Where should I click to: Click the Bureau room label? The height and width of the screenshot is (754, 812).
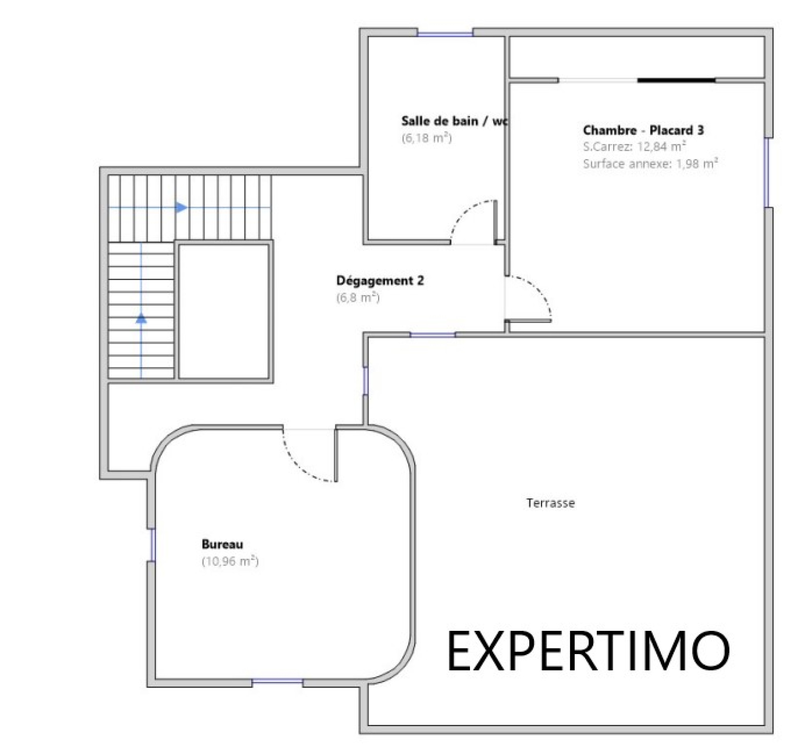(222, 544)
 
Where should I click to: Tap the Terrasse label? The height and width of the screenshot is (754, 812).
(551, 503)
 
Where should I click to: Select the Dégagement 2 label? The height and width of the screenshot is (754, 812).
(380, 280)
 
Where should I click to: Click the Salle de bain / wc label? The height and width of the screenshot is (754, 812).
(455, 121)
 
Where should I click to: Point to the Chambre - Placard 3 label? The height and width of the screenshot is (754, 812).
(644, 130)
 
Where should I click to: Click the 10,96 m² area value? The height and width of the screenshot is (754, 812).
(230, 561)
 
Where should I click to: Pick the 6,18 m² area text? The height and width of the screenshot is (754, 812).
(427, 137)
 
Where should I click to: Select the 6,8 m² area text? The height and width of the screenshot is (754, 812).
(358, 297)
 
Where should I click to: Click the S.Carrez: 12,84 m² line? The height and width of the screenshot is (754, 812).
(635, 147)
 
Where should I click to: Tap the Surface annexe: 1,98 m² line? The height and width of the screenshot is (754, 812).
(651, 163)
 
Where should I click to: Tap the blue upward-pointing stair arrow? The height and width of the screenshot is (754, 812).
(141, 318)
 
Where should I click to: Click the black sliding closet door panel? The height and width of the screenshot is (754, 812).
(676, 80)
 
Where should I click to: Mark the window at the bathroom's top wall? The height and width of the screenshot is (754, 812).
(445, 33)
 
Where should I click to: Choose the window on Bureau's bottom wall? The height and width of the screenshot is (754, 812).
(278, 683)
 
